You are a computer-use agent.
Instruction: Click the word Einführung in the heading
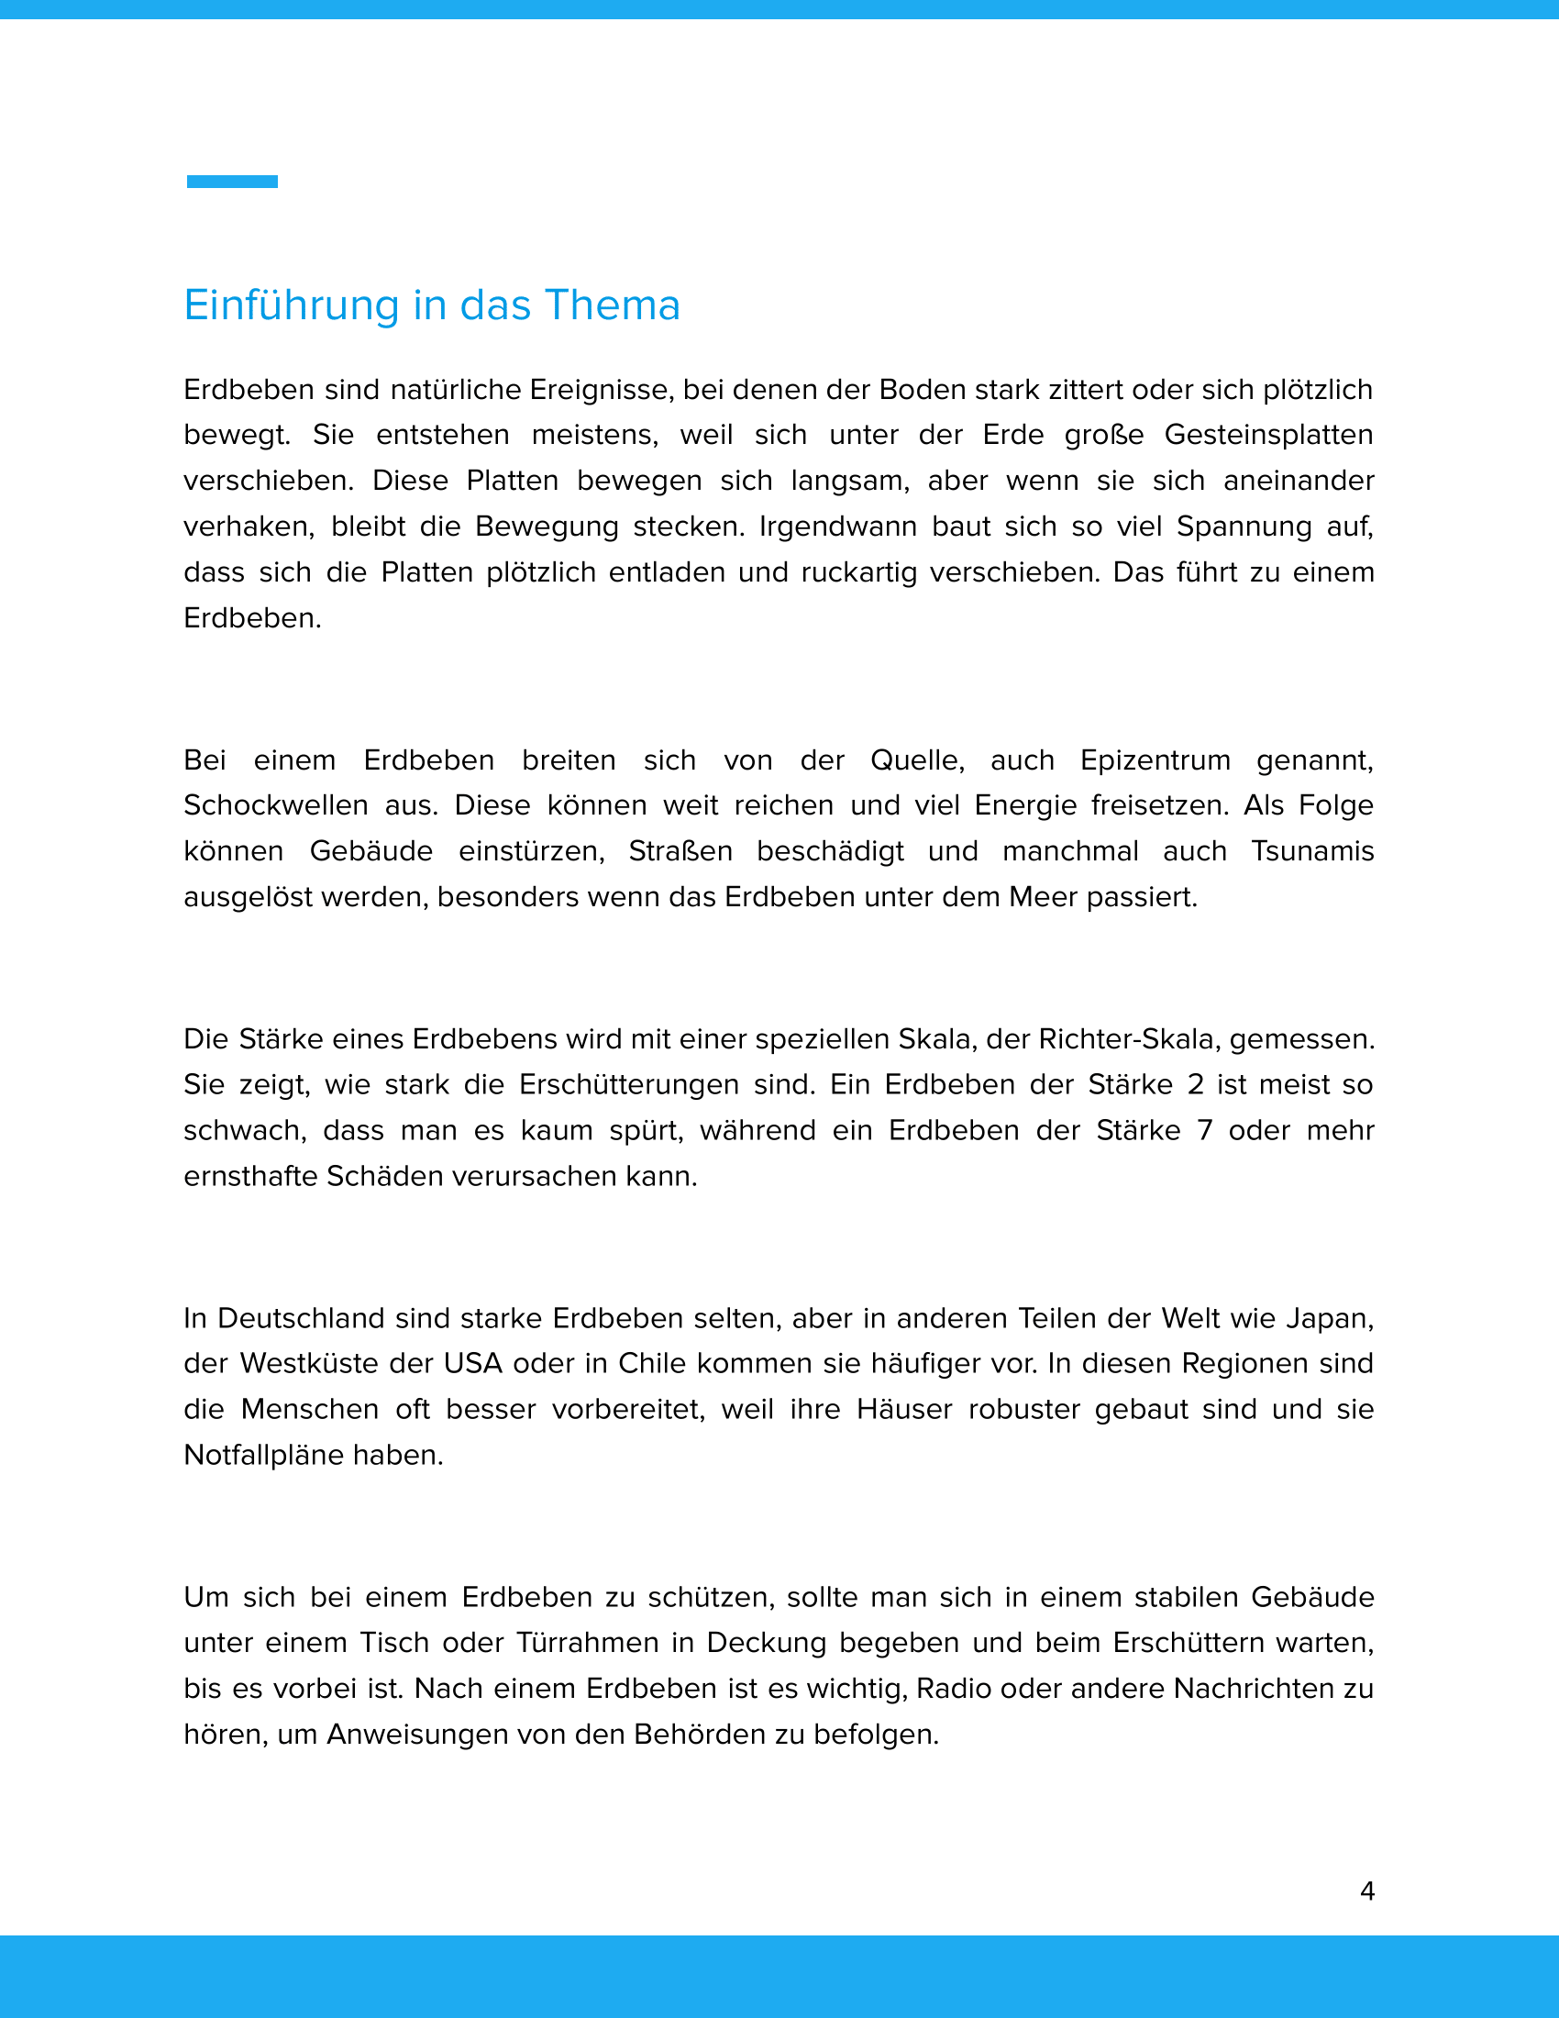click(291, 305)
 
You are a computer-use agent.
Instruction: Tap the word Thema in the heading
click(613, 305)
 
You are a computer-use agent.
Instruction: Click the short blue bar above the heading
click(232, 182)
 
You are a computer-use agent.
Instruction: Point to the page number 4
click(1367, 1891)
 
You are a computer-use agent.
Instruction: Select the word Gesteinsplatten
click(1268, 435)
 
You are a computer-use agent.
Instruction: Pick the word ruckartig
click(859, 573)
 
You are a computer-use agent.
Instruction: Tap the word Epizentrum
click(1155, 760)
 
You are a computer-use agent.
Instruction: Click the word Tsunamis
click(1312, 851)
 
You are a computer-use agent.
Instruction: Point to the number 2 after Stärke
click(1195, 1085)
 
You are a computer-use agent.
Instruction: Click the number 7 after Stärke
click(1204, 1131)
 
